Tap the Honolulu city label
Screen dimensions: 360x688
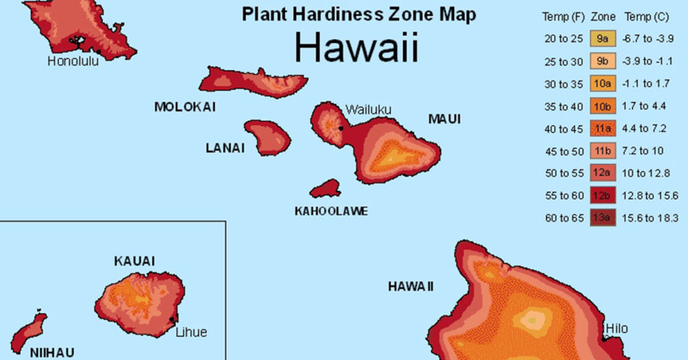tap(73, 61)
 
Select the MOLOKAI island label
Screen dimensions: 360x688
tap(185, 107)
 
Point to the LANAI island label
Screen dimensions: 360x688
tap(225, 148)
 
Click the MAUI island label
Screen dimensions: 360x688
tap(445, 119)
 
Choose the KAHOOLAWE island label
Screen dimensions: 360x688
tap(331, 211)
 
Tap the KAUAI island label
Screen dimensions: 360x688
tap(134, 261)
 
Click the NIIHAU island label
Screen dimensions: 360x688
tap(52, 352)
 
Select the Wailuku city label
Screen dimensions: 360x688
tap(368, 109)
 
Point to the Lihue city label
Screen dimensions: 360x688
tap(191, 332)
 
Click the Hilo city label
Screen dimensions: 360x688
tap(616, 328)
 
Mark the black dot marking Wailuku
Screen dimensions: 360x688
tap(341, 128)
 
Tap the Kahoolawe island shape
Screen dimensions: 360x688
tap(326, 188)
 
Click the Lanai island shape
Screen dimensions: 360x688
tap(267, 136)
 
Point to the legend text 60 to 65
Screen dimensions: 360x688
tap(563, 218)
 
